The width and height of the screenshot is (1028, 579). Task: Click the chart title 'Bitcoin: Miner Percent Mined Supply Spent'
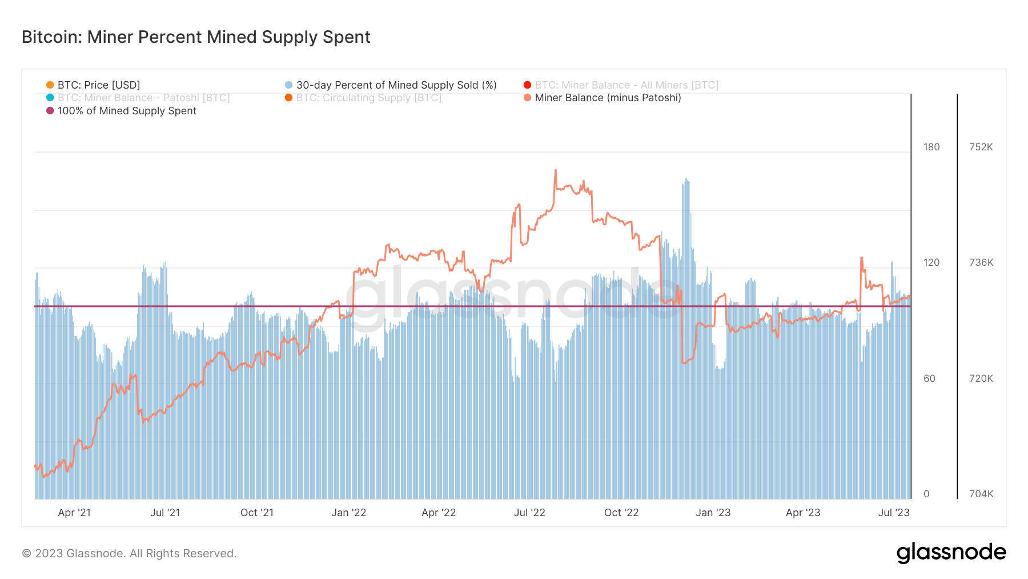pyautogui.click(x=196, y=37)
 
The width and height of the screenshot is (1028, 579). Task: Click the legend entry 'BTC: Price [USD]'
pyautogui.click(x=98, y=85)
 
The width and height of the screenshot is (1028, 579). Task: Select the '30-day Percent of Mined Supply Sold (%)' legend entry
pyautogui.click(x=396, y=85)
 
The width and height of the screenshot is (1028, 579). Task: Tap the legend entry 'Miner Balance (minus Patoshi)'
pyautogui.click(x=607, y=98)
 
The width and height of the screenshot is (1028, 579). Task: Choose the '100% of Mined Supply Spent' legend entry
pyautogui.click(x=126, y=111)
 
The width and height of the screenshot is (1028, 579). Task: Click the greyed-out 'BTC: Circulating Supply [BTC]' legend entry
pyautogui.click(x=368, y=98)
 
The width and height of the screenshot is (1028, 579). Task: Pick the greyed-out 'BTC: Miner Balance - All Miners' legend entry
pyautogui.click(x=626, y=85)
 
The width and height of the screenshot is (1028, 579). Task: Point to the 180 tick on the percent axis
pyautogui.click(x=931, y=147)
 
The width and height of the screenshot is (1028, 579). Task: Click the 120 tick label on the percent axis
pyautogui.click(x=931, y=262)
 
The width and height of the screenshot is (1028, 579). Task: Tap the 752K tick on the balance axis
pyautogui.click(x=981, y=147)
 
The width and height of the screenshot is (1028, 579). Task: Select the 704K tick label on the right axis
pyautogui.click(x=981, y=494)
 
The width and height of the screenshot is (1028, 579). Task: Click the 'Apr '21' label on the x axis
pyautogui.click(x=74, y=513)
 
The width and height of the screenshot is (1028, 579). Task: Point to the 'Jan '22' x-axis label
pyautogui.click(x=348, y=513)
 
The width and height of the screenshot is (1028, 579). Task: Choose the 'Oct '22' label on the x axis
pyautogui.click(x=621, y=513)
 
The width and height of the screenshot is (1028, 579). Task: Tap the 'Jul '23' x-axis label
pyautogui.click(x=893, y=513)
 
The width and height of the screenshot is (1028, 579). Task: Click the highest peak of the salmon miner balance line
pyautogui.click(x=555, y=170)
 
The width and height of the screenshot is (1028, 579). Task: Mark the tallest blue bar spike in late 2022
pyautogui.click(x=686, y=180)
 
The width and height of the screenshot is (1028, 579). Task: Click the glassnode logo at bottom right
pyautogui.click(x=951, y=553)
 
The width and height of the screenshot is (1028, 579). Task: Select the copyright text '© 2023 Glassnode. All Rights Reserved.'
pyautogui.click(x=129, y=553)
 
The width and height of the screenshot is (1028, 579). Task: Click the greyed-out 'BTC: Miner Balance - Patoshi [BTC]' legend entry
pyautogui.click(x=143, y=98)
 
